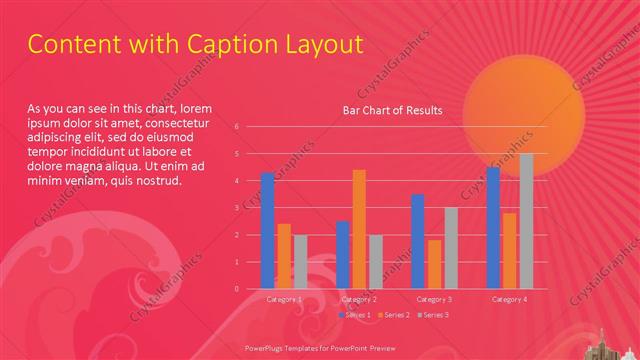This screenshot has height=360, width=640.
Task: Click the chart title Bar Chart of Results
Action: (392, 110)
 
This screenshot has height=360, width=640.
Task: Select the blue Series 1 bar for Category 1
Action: (267, 231)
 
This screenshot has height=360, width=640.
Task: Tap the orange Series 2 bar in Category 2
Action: (359, 229)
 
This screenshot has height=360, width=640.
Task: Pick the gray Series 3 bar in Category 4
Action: (526, 221)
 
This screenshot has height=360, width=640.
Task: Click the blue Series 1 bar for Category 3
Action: (418, 241)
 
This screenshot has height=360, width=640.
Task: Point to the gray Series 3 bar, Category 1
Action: (301, 262)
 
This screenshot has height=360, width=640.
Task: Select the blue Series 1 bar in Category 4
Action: (493, 228)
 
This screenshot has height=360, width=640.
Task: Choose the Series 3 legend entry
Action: (432, 315)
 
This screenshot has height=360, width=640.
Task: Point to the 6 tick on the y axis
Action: (237, 127)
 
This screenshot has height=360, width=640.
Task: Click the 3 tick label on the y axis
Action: (237, 208)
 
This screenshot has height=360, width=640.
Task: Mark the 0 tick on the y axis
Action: (237, 289)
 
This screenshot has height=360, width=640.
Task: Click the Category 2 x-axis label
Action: (359, 299)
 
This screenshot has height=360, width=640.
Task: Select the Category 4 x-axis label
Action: (509, 299)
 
